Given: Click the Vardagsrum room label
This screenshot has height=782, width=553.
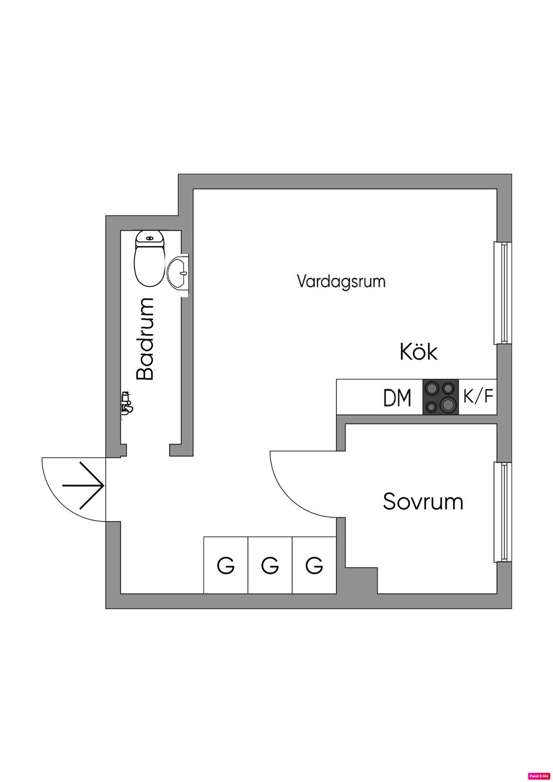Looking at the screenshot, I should point(341,281).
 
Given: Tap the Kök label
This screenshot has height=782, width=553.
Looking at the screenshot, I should point(419,352).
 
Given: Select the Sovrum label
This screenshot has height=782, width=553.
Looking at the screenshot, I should point(423,501).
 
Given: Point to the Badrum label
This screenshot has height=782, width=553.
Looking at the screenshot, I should point(145,339).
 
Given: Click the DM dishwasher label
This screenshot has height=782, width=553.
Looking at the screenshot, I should point(397,398).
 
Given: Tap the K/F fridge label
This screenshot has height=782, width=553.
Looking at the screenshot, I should point(478,397).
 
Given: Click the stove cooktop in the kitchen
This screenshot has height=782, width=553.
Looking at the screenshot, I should point(441,397).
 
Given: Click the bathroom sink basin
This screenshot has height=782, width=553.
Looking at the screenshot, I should point(178,273).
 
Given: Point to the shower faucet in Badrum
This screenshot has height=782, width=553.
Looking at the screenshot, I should point(126,403).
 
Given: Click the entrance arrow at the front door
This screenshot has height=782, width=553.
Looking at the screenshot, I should point(83,485).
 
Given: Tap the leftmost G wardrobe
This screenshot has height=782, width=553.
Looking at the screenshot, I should point(226,565).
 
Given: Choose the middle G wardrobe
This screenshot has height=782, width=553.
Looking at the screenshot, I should point(270,565).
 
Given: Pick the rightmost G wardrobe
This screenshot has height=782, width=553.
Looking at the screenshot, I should point(314,565).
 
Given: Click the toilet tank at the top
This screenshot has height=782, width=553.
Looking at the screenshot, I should point(150,237).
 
